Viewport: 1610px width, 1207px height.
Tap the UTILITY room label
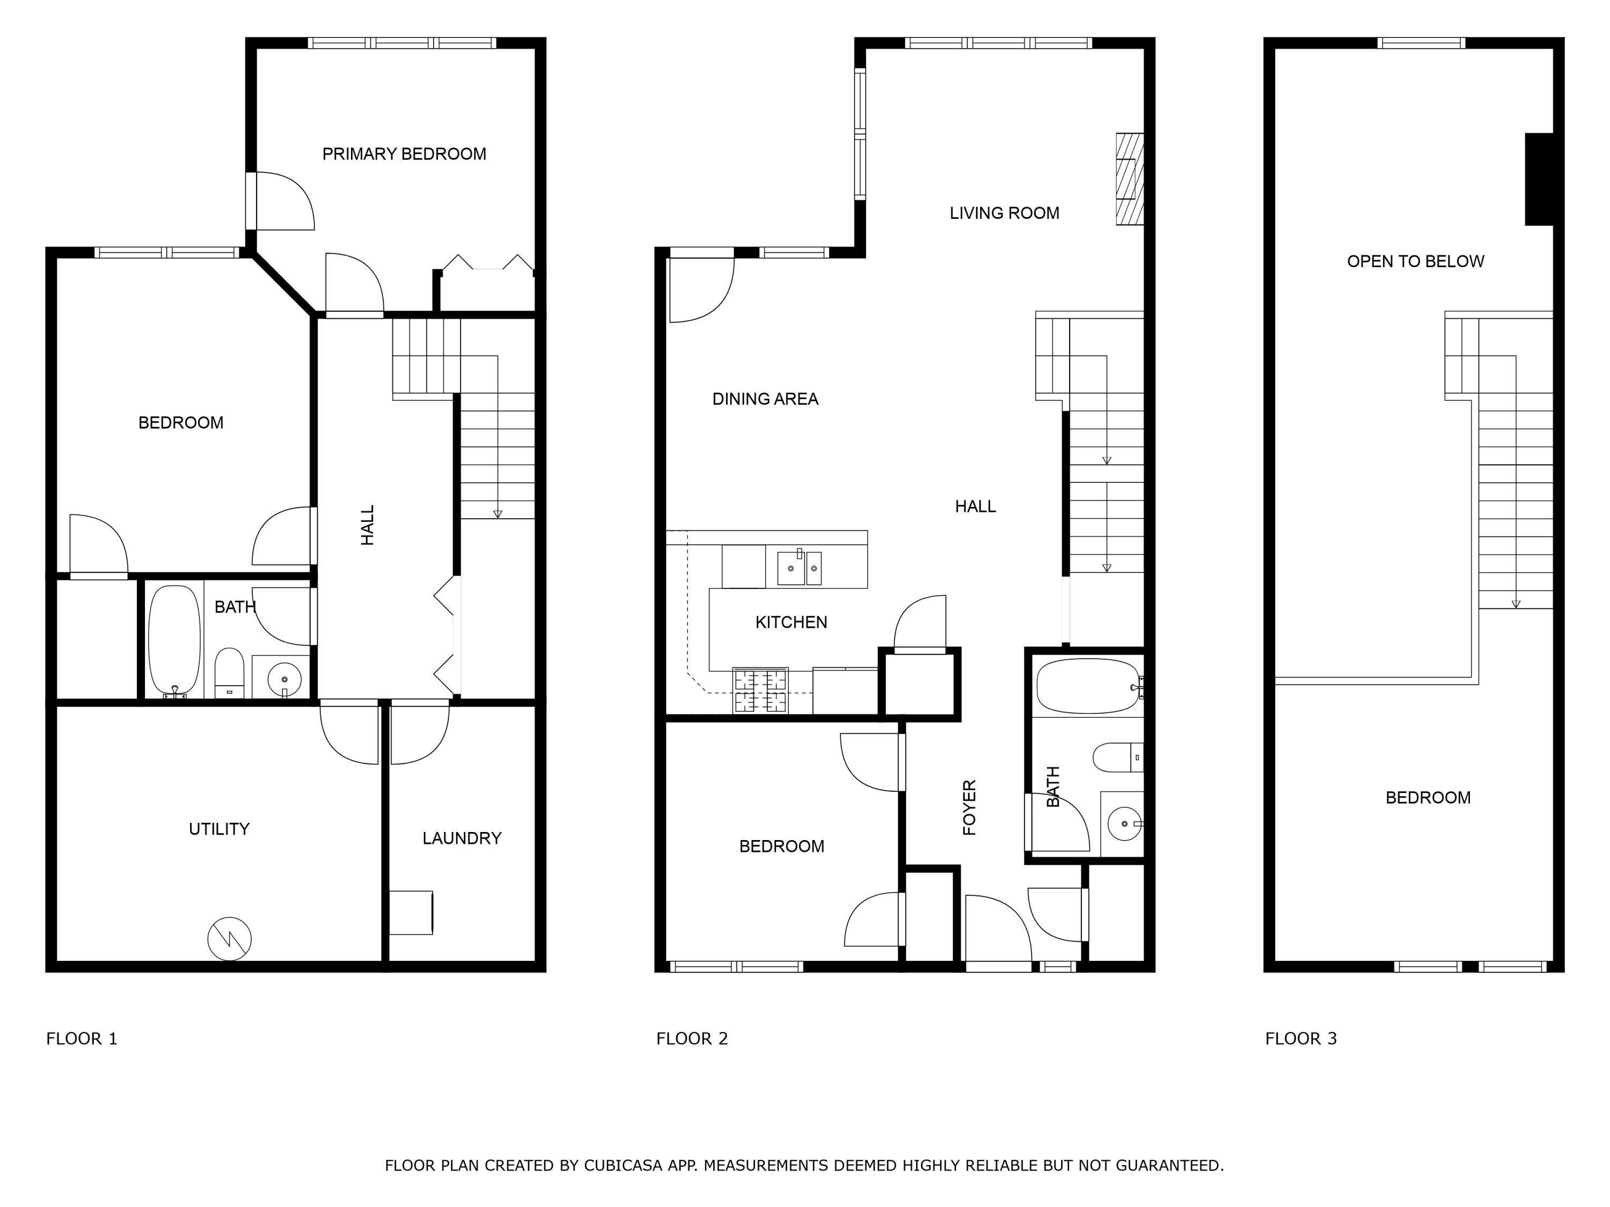tap(219, 829)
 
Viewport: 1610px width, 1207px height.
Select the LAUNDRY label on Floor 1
tap(462, 838)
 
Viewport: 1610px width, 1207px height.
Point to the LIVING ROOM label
tap(1005, 213)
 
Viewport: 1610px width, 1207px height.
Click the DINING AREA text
tap(765, 399)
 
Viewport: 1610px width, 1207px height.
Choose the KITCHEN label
tap(791, 622)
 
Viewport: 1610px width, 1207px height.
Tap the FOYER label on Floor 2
tap(970, 807)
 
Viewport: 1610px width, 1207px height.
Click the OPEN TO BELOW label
tap(1416, 261)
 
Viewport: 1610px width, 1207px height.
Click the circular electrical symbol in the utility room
tap(229, 939)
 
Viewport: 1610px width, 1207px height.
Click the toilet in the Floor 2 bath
tap(1118, 757)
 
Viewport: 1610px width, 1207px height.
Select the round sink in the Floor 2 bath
tap(1124, 823)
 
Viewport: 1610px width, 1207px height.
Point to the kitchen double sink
tap(799, 568)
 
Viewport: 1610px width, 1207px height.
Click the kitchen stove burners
tap(760, 690)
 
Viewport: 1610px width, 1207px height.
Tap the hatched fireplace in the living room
tap(1130, 179)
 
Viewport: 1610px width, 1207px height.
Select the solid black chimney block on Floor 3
tap(1539, 179)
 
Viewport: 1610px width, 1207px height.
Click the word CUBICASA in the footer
tap(623, 1166)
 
